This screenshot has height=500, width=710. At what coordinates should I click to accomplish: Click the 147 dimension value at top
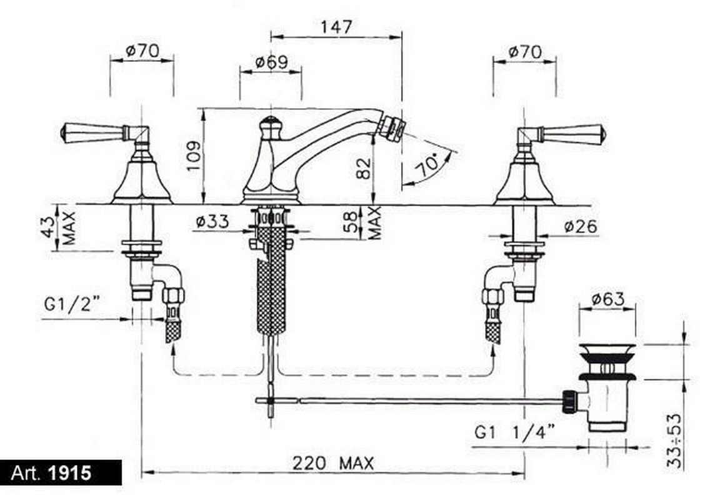tap(336, 27)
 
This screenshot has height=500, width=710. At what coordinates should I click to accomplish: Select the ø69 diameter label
tap(271, 62)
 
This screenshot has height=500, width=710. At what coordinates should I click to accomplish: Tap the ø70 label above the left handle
tap(142, 51)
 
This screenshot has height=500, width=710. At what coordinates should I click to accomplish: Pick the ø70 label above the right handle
tap(524, 52)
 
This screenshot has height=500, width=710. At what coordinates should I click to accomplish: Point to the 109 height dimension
tap(194, 156)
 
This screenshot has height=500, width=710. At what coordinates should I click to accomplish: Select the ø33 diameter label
tap(212, 222)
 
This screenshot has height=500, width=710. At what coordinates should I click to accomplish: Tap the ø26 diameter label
tap(581, 226)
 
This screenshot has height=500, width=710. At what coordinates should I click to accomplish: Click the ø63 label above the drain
tap(608, 299)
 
